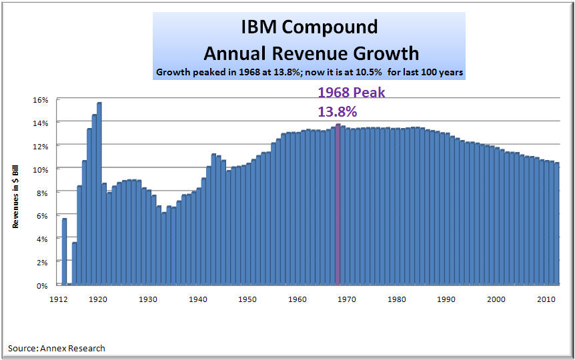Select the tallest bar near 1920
pos(99,193)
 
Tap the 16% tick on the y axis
pos(41,99)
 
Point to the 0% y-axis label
pos(43,285)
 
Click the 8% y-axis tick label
pos(43,193)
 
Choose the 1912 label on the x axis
pos(60,299)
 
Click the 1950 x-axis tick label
pos(247,299)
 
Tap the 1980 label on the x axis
pos(397,299)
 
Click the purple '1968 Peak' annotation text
pos(351,93)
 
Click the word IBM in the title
pos(259,27)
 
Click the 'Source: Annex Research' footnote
pos(57,348)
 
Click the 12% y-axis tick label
pos(41,146)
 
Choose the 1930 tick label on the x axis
pos(148,299)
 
